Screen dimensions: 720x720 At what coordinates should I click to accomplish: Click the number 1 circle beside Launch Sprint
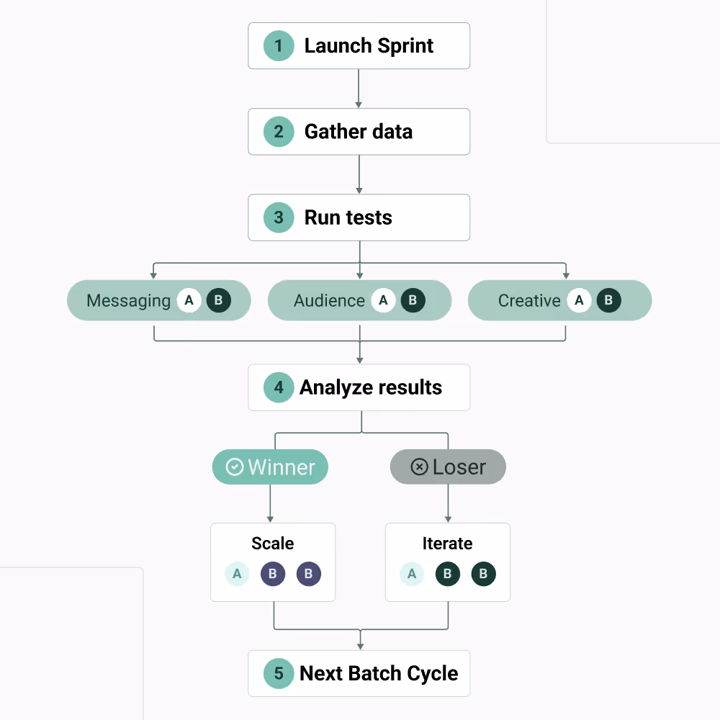coord(279,46)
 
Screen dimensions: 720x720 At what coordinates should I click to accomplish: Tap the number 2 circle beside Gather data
coord(279,132)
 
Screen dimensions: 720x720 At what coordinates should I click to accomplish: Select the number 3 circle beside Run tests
coord(279,217)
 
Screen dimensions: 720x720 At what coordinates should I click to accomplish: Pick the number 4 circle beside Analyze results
coord(279,387)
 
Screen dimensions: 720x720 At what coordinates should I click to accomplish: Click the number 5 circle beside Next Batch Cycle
coord(279,674)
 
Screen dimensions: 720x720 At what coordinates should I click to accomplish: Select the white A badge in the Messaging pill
coord(189,300)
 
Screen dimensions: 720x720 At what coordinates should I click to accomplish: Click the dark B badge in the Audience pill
coord(413,300)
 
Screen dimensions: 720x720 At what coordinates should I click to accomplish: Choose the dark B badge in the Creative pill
coord(609,300)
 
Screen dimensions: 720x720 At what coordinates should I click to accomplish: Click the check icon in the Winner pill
coord(235,467)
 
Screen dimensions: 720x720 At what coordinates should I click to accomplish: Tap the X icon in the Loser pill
coord(419,467)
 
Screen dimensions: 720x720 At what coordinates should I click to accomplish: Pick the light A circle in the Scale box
coord(237,574)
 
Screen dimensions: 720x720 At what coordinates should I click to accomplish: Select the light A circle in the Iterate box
coord(412,574)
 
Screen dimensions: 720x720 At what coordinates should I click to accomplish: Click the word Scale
coord(273,543)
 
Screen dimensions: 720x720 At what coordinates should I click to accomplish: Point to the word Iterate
coord(447,543)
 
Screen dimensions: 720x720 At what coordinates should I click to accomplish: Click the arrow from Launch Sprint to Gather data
coord(359,89)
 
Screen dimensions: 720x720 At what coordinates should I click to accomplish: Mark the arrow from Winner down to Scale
coord(270,503)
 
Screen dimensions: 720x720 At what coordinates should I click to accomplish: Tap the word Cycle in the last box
coord(433,674)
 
